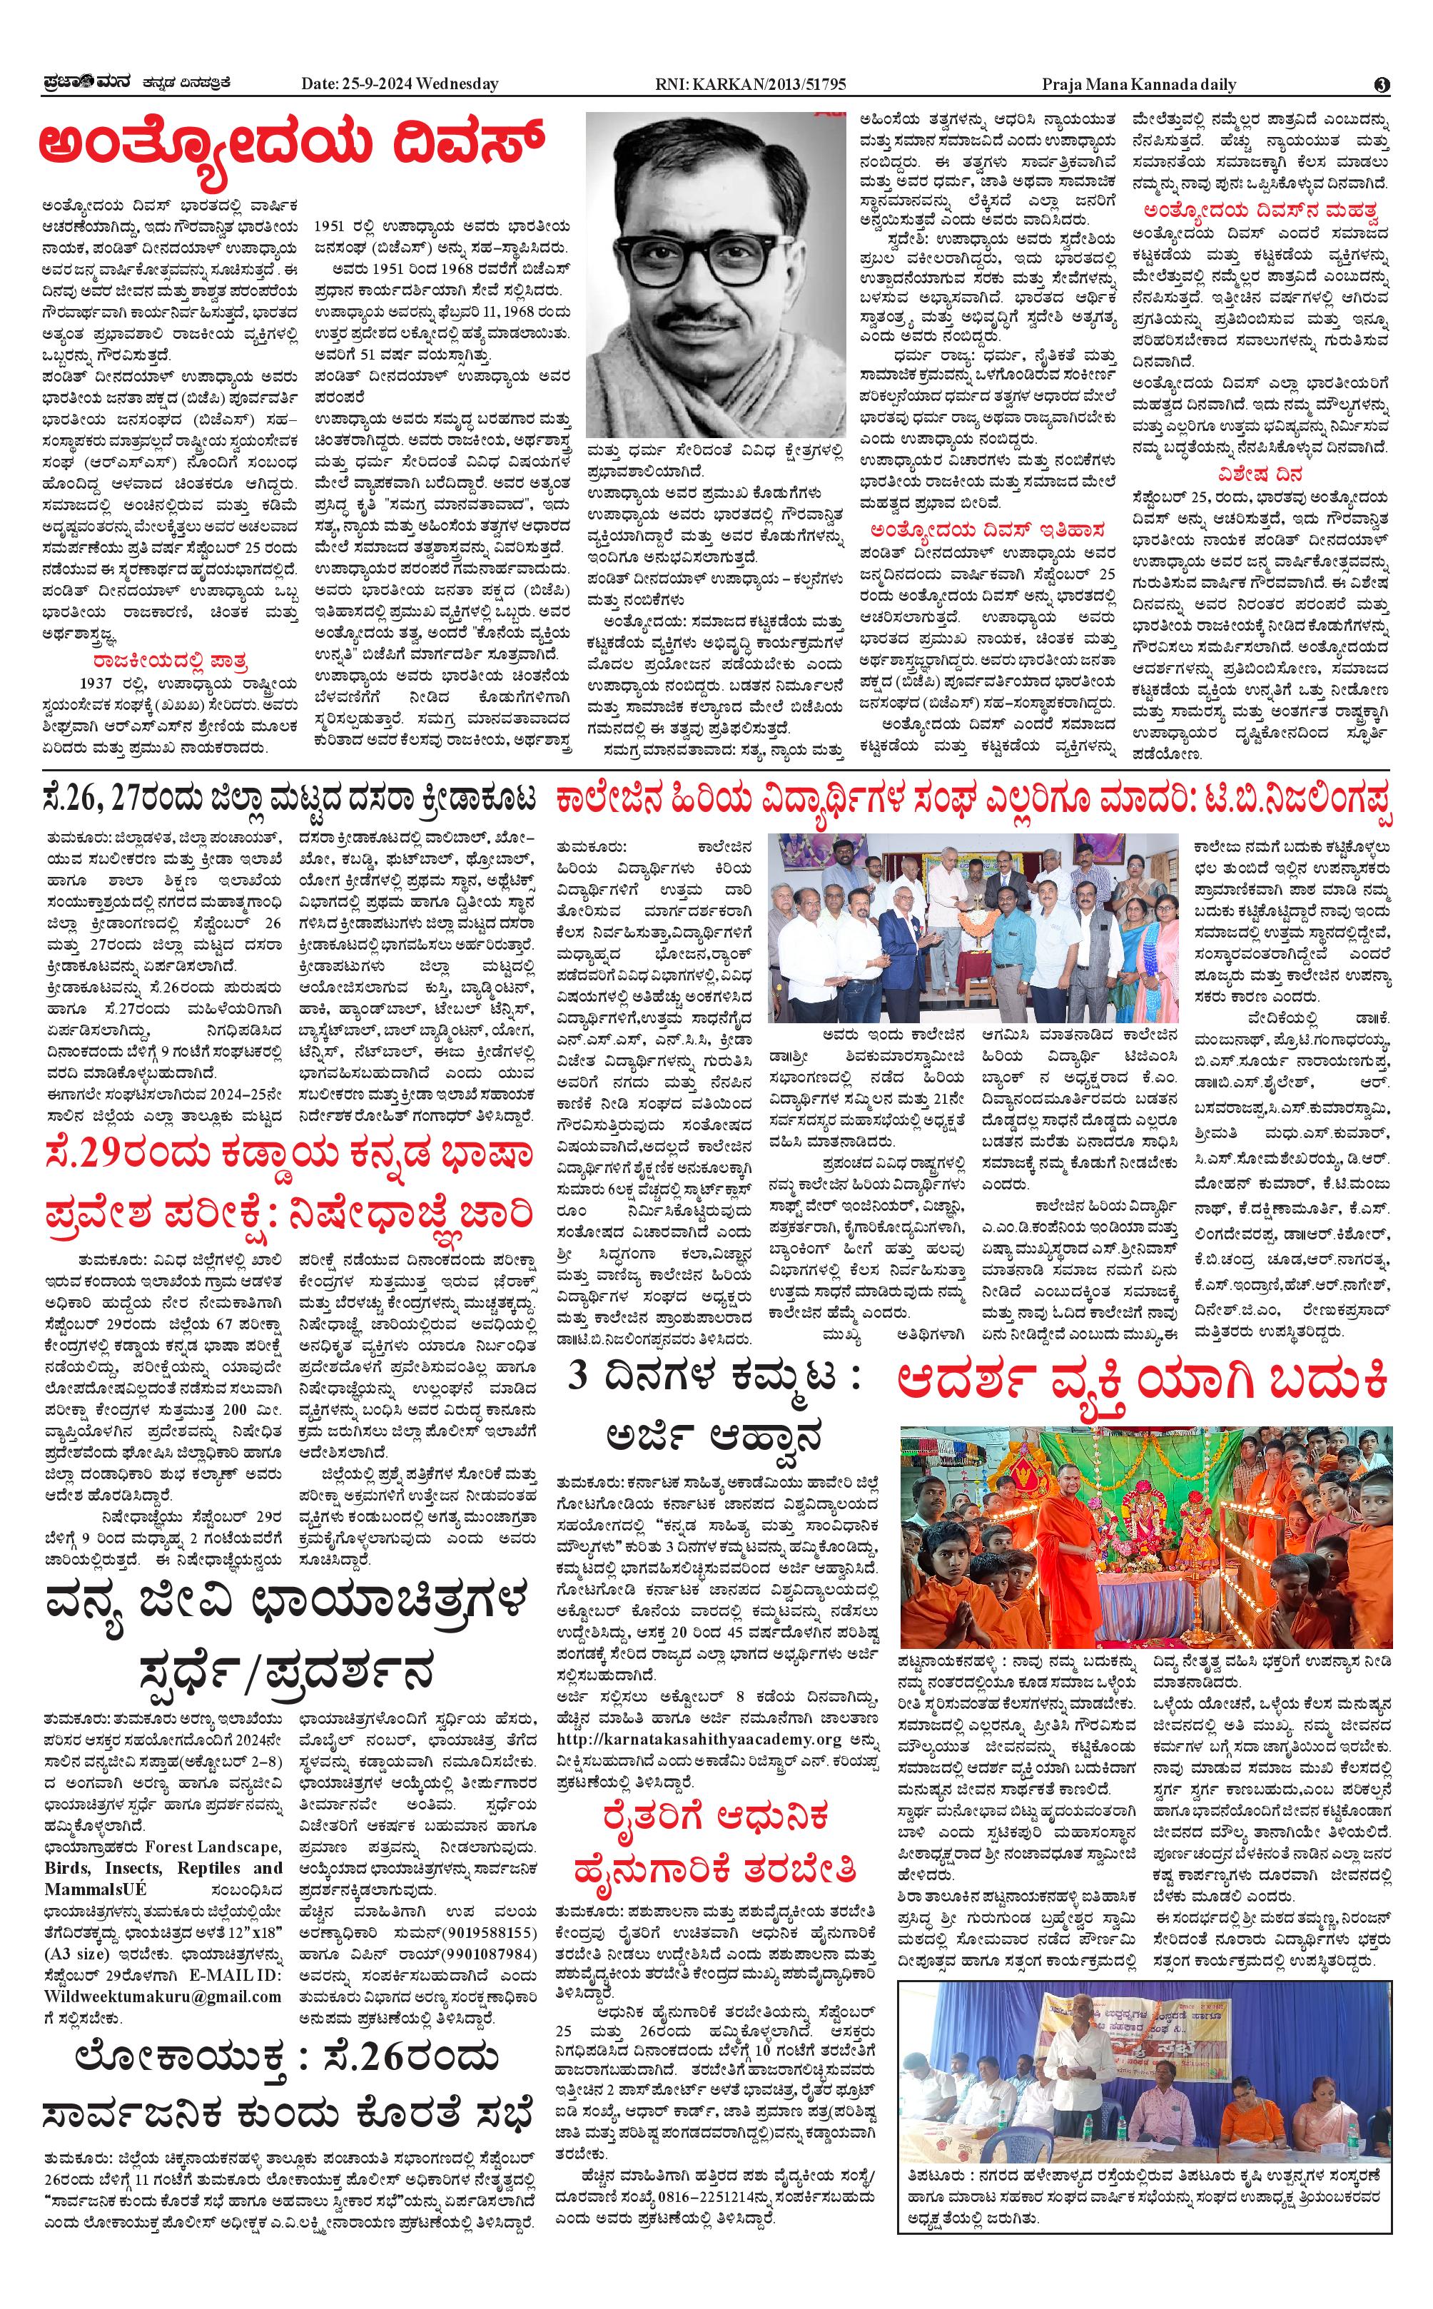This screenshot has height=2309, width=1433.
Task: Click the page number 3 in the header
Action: tap(1382, 84)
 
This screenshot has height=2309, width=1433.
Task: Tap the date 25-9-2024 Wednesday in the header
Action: tap(399, 84)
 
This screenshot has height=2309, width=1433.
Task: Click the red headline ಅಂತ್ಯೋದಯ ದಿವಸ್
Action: tap(291, 145)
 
